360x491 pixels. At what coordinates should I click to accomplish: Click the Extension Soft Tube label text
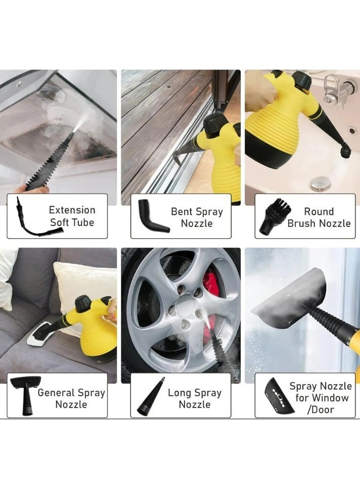pyautogui.click(x=72, y=216)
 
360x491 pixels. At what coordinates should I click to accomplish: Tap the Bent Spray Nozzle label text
pyautogui.click(x=197, y=217)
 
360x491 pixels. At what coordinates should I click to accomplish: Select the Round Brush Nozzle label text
pyautogui.click(x=319, y=217)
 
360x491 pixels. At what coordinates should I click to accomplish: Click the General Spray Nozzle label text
pyautogui.click(x=71, y=398)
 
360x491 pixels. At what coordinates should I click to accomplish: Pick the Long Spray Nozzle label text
pyautogui.click(x=195, y=398)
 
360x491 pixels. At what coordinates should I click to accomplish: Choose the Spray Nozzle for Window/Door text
pyautogui.click(x=321, y=397)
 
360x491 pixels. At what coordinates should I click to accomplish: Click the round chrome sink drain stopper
pyautogui.click(x=321, y=183)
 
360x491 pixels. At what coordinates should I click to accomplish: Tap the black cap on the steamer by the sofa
pyautogui.click(x=83, y=303)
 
